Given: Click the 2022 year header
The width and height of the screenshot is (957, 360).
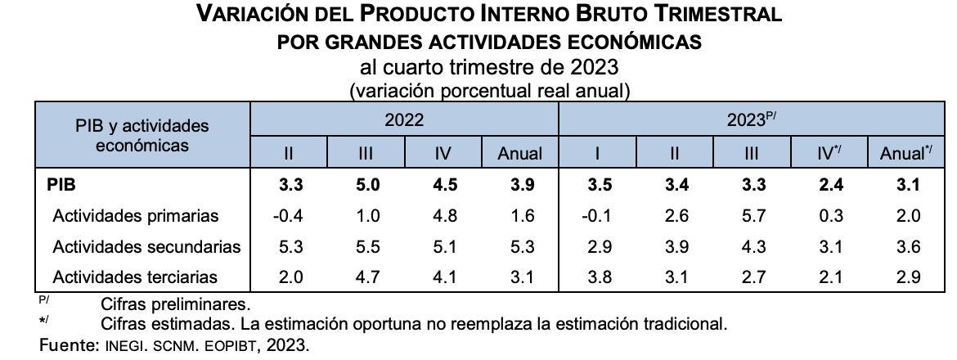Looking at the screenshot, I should [x=404, y=119].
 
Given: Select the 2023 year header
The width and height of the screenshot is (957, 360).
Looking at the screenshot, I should [x=751, y=119].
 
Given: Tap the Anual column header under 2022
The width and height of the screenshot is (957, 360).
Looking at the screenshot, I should [x=520, y=153].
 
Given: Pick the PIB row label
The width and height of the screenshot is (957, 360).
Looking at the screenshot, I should [x=62, y=185].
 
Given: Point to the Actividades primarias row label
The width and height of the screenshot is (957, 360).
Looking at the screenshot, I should [x=136, y=216].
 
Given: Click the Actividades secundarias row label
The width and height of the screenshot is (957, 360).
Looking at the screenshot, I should [x=146, y=246].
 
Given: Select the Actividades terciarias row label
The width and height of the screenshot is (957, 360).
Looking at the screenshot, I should [x=135, y=277].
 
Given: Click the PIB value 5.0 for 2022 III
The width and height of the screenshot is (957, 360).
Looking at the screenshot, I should [x=368, y=185].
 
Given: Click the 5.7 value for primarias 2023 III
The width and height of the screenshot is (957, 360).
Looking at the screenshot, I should [x=754, y=216].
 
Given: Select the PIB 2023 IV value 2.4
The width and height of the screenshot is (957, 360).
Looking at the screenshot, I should [x=829, y=185].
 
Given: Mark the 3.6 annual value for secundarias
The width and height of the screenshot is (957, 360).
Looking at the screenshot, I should [x=908, y=246].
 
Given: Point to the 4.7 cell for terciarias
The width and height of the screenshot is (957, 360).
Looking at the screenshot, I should [x=368, y=277].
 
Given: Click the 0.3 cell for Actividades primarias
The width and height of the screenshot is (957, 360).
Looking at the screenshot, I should [x=829, y=216].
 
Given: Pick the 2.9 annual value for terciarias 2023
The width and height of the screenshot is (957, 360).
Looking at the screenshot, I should [x=908, y=277].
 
